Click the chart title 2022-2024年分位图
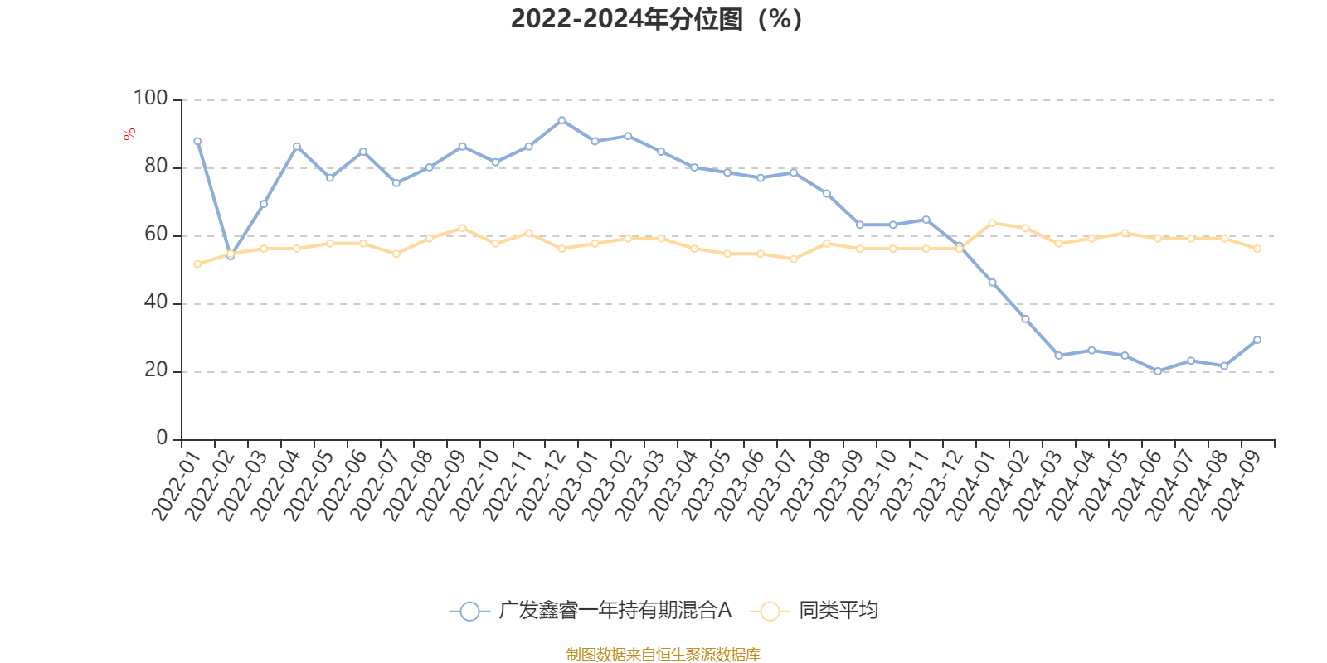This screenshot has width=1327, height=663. (655, 19)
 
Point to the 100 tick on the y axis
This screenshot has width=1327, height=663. (151, 99)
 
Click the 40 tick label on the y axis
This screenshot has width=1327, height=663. (156, 302)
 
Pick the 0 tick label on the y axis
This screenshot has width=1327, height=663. (162, 438)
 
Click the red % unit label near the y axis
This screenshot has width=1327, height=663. (129, 134)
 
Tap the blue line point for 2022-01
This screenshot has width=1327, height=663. (197, 141)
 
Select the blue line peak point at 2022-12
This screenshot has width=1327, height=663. (561, 120)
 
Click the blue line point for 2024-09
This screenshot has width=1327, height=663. (1257, 340)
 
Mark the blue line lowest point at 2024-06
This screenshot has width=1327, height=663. (1158, 371)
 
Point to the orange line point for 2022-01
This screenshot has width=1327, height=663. (197, 264)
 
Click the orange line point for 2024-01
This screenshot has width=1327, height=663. (992, 223)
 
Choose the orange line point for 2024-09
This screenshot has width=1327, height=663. (1257, 249)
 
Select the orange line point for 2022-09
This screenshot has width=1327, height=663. (462, 228)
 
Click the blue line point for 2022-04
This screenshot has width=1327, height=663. (297, 146)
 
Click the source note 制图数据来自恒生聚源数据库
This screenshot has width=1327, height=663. (663, 655)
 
